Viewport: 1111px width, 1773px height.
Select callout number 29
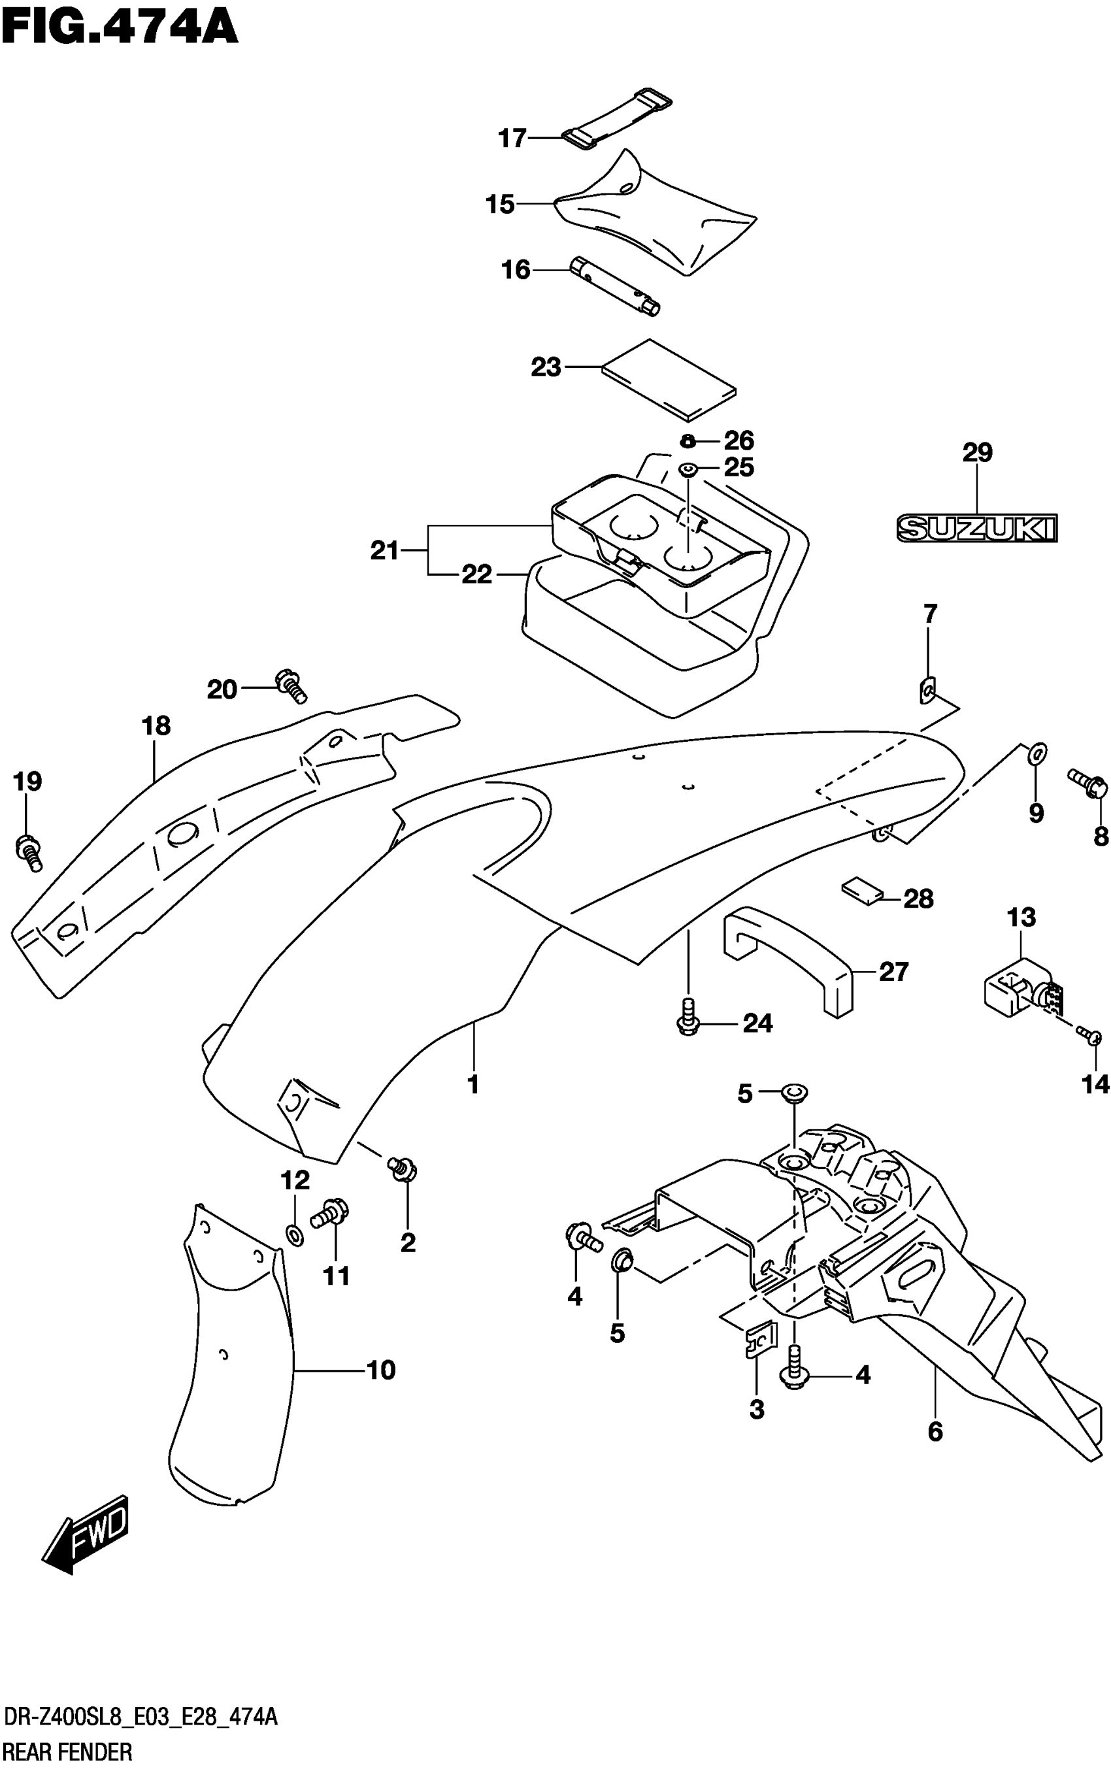point(977,453)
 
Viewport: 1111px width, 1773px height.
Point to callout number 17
point(512,137)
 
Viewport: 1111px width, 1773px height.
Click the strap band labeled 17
point(617,117)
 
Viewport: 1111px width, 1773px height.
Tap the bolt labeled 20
point(290,686)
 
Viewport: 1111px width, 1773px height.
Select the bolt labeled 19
point(28,852)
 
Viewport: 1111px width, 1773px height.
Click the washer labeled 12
point(294,1235)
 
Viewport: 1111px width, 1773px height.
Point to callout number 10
point(380,1370)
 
